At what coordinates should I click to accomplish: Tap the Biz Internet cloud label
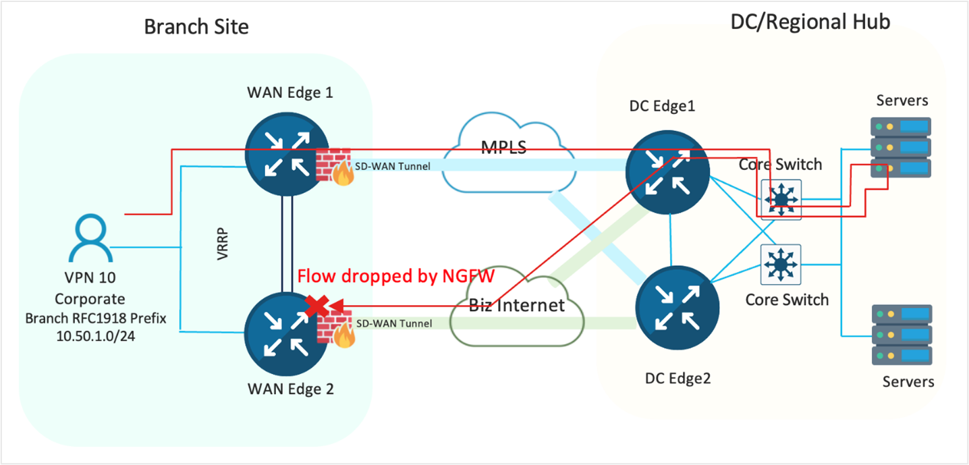click(517, 304)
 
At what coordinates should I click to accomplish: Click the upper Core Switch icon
click(781, 199)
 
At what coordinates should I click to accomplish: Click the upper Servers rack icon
click(902, 148)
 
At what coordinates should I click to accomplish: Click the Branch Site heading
click(196, 26)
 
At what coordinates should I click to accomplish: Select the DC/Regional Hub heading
click(810, 22)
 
